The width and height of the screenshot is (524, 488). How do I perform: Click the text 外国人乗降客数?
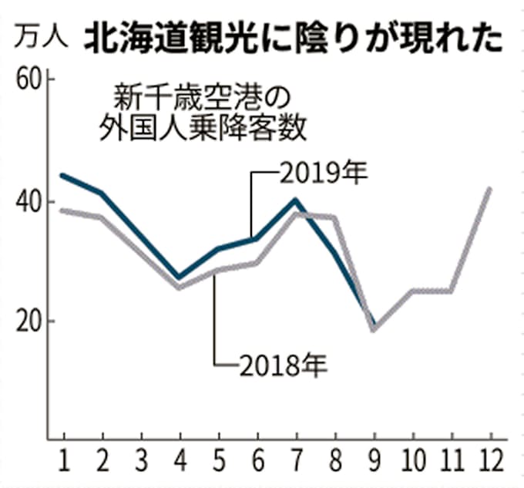[x=203, y=128]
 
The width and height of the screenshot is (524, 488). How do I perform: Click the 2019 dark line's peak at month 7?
[x=296, y=200]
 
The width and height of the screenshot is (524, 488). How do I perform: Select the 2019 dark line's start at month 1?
[x=62, y=176]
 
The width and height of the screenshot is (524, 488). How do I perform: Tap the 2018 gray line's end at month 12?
[x=490, y=189]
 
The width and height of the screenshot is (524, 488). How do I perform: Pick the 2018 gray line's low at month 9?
[x=374, y=329]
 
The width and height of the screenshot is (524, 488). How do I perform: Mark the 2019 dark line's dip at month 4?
[x=180, y=277]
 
